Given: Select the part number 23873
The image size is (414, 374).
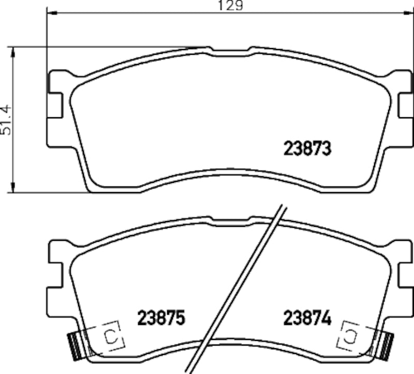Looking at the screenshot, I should [x=307, y=148].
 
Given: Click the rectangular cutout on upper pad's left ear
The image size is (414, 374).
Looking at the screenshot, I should [x=55, y=105].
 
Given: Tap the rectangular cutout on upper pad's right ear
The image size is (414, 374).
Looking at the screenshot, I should [x=405, y=105].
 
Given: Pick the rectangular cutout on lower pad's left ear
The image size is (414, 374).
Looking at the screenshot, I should [x=55, y=275].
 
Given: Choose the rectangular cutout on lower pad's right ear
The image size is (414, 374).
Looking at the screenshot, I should [x=405, y=275].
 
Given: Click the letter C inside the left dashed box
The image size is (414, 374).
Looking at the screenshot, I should [x=110, y=337].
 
